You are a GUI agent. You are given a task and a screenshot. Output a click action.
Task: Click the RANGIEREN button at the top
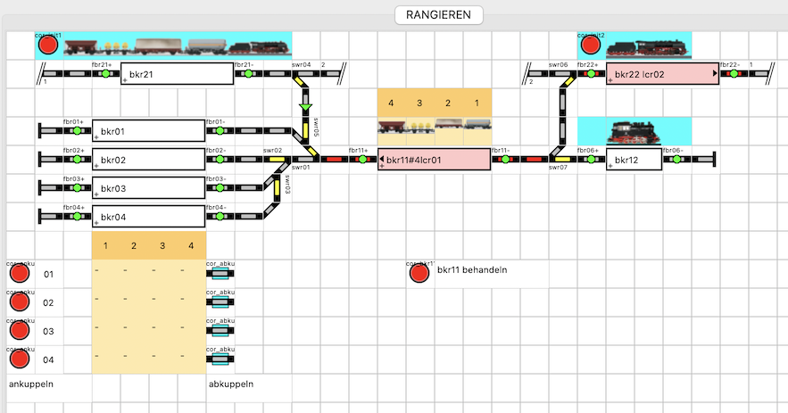[x=438, y=15]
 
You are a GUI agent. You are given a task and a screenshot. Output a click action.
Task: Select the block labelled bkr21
[x=177, y=74]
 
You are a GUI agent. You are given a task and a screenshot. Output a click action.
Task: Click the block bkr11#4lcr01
[x=435, y=160]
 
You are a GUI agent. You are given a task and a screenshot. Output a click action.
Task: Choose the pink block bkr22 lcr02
[x=662, y=74]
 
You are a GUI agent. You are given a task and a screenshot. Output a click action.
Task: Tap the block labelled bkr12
[x=634, y=160]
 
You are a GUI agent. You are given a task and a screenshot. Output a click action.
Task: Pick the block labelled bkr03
[x=148, y=188]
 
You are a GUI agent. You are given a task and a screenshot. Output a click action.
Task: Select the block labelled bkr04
[x=148, y=217]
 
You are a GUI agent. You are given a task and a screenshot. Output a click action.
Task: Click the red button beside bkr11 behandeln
[x=419, y=273]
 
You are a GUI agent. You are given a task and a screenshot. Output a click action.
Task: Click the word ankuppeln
[x=32, y=384]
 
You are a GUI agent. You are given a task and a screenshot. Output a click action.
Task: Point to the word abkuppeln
[x=231, y=384]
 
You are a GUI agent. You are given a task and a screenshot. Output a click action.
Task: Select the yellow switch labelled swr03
[x=278, y=187]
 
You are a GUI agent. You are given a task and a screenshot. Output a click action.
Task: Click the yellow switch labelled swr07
[x=562, y=160]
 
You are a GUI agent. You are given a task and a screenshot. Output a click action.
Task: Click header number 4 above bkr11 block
[x=392, y=103]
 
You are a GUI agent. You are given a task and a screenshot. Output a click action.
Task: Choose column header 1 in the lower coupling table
[x=105, y=245]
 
